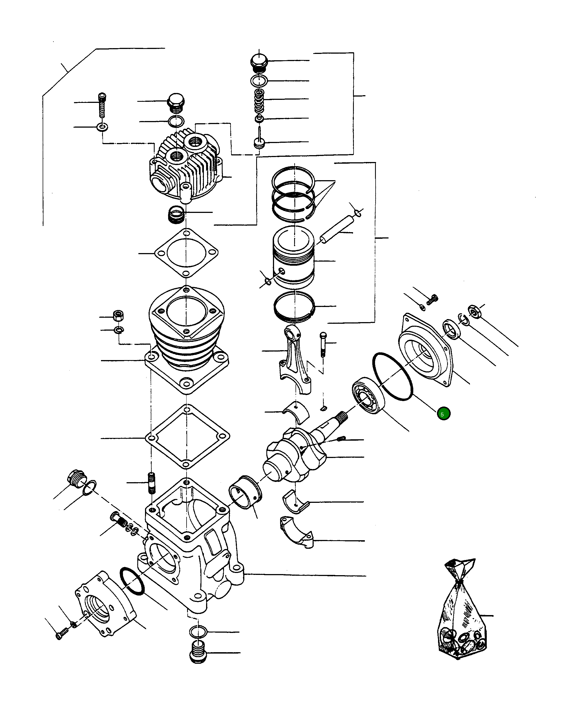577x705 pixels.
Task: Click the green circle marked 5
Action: tap(443, 414)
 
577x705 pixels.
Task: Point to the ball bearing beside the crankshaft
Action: tap(368, 395)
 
